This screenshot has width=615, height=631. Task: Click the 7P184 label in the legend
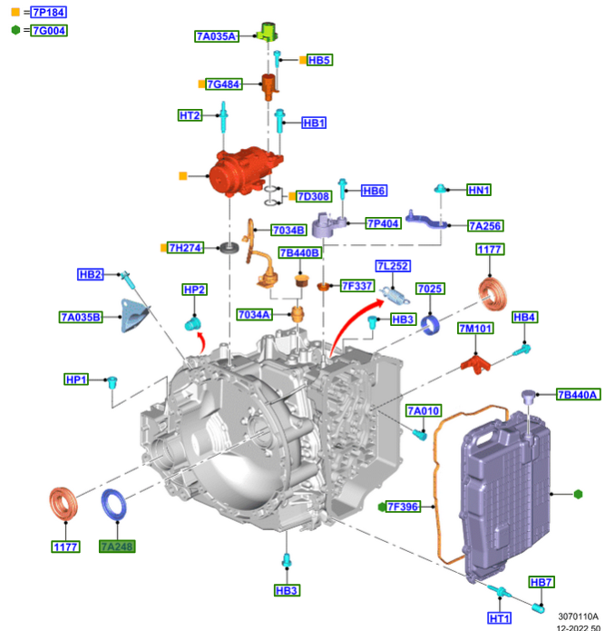coord(48,13)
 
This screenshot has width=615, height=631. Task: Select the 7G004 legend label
coord(49,30)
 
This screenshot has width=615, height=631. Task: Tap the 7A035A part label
coord(216,36)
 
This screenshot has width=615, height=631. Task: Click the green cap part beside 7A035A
coord(268,32)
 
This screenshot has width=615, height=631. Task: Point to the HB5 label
coord(319,60)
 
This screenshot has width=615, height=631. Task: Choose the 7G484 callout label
coord(224,84)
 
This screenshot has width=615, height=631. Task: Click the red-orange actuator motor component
coord(247,172)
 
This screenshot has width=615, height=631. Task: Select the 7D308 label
coord(314,196)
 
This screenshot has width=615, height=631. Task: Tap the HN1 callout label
coord(479,190)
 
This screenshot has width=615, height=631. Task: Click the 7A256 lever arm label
coord(485,225)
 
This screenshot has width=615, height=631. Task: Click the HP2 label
coord(194,290)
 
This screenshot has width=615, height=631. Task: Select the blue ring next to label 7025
coord(433,322)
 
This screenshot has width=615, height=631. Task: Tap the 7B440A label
coord(578,394)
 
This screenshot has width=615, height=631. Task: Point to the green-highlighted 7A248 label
coord(116,547)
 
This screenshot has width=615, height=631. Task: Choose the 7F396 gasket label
coord(404,507)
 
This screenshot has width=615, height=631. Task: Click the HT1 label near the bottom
coord(500,618)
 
